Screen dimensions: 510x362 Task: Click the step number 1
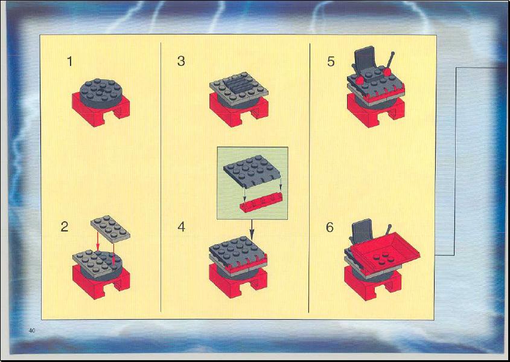(x=69, y=61)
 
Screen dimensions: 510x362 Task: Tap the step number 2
(x=65, y=227)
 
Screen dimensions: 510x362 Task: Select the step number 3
(x=181, y=61)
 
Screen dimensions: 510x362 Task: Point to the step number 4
(x=181, y=227)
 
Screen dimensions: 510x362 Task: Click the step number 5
(x=331, y=61)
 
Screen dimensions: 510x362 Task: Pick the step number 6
(x=330, y=227)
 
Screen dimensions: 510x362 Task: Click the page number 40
(x=31, y=331)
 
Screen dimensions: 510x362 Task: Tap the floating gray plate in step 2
(x=110, y=229)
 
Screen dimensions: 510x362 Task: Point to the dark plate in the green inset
(x=253, y=171)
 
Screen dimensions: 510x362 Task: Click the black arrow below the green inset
(x=252, y=230)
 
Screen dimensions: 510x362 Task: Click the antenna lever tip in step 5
(x=392, y=53)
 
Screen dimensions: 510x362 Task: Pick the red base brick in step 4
(x=237, y=280)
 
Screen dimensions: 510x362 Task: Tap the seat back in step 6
(x=362, y=230)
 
